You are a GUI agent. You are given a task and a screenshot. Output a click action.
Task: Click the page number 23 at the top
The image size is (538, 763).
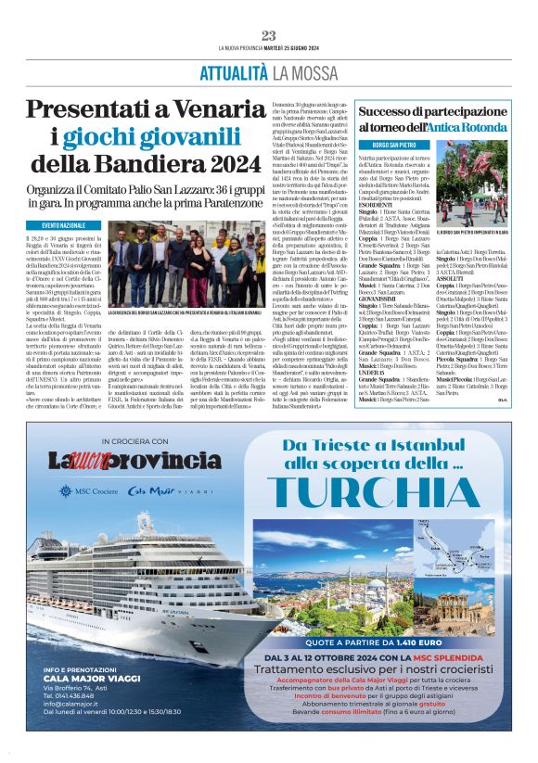(268, 36)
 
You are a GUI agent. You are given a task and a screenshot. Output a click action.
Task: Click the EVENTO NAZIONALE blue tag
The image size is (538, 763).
(64, 225)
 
